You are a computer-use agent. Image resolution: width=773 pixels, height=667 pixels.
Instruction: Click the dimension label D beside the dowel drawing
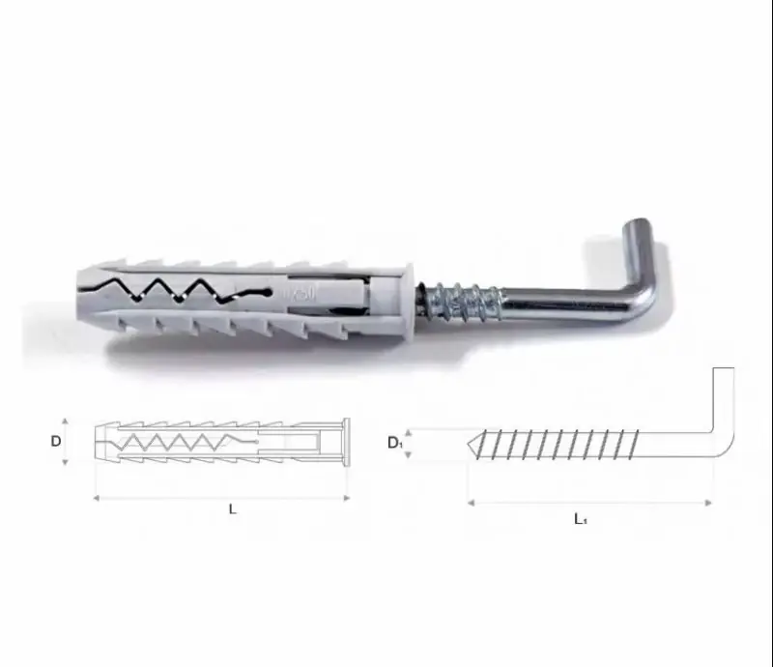pyautogui.click(x=56, y=441)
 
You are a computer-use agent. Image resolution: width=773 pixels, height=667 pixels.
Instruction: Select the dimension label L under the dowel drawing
pyautogui.click(x=233, y=509)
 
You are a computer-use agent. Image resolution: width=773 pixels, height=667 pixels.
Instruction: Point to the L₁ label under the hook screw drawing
pyautogui.click(x=581, y=518)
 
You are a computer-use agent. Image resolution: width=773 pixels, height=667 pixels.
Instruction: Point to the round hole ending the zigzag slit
pyautogui.click(x=269, y=292)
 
